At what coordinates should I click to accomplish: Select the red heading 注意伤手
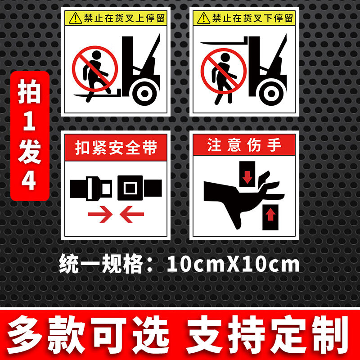click(244, 146)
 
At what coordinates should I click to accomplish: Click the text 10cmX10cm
click(233, 263)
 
